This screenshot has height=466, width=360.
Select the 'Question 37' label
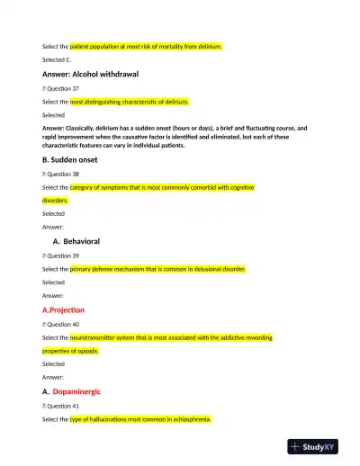tap(64, 89)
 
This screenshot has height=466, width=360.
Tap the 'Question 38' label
tap(64, 174)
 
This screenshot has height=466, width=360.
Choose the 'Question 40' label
tap(64, 323)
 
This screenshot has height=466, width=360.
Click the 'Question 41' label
tap(64, 406)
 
